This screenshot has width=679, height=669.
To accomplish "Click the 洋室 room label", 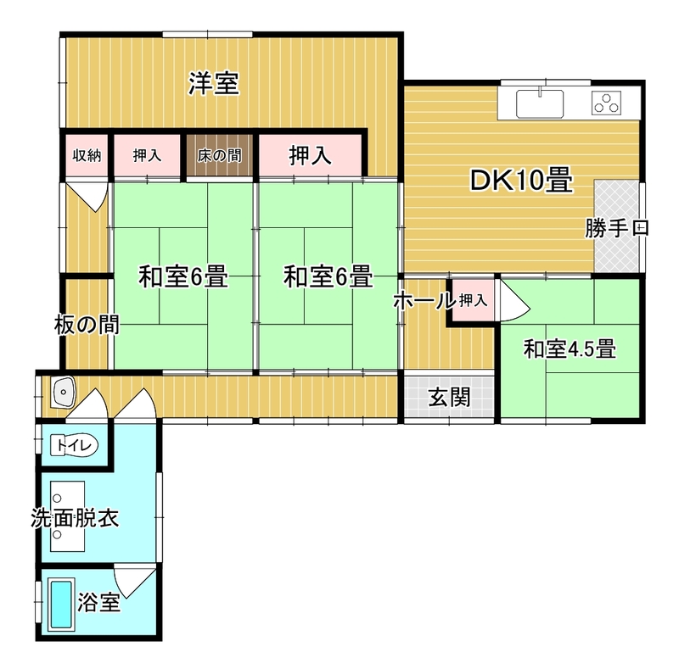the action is point(214,83).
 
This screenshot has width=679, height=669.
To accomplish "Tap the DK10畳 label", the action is point(521,180).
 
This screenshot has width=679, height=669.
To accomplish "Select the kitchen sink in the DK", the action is point(540,103).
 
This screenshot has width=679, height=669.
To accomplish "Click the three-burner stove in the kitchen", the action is point(606,103).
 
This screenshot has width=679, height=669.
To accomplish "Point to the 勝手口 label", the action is point(617,228).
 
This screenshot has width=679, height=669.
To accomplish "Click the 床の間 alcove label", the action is point(220,155).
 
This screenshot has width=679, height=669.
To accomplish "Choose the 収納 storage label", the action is point(87,155).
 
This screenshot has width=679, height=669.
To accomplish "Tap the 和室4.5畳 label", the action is point(570,348).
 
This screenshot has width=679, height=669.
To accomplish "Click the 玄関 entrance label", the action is point(450,397).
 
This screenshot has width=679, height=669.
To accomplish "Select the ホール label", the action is point(424,300).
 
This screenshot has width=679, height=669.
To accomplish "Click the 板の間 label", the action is point(87,325).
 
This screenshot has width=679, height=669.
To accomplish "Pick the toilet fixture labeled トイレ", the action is point(75,445).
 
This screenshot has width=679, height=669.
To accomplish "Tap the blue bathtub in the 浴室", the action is point(61,605).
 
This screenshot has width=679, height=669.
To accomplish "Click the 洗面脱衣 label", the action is point(75,518).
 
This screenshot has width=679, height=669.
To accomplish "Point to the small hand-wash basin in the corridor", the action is point(63,392).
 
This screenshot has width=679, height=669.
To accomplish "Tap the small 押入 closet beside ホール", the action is point(473,300).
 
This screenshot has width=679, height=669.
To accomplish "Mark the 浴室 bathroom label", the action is point(98,602).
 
